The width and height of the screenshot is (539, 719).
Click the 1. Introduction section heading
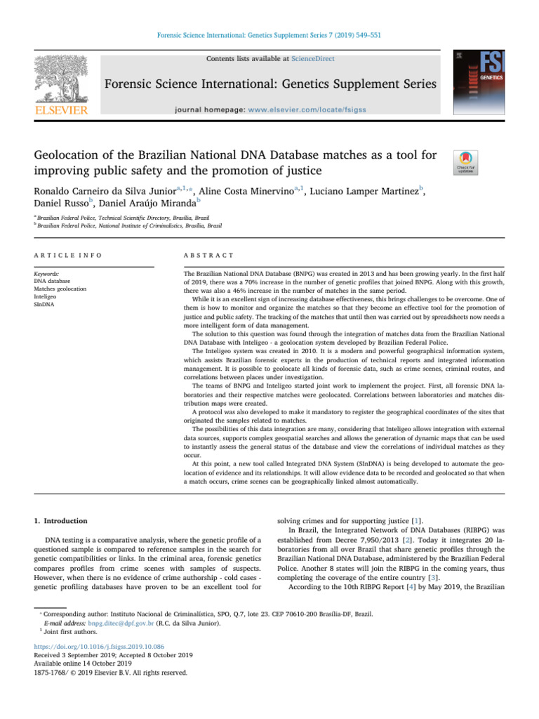tap(61, 522)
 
